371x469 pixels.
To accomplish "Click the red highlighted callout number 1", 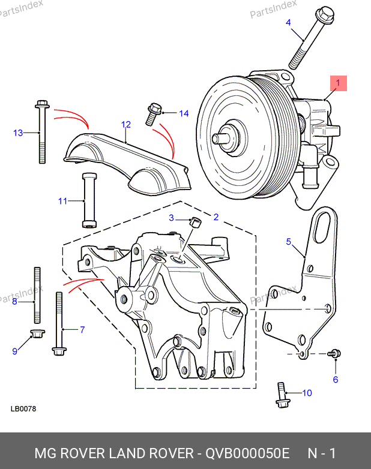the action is point(339,83).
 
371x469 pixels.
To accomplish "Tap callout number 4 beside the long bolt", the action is point(288,22).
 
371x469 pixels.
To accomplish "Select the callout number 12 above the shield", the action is point(126,124).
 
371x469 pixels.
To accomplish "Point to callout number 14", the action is point(184,113).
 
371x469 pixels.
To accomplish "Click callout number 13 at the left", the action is point(18,133).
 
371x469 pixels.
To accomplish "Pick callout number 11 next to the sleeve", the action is point(62,201).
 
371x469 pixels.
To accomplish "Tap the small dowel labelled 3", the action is point(196,223).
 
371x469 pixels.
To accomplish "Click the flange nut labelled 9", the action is point(38,333).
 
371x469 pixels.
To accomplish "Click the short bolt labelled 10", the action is point(282,395).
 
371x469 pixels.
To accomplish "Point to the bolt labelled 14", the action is point(154,114).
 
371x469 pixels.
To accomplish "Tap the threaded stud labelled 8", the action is point(37,295).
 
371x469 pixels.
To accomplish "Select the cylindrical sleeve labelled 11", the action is point(89,200).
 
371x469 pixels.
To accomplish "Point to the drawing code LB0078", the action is point(23,409).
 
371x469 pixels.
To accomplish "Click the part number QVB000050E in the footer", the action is point(247,453).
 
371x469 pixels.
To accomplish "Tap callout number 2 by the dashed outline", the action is point(216,217).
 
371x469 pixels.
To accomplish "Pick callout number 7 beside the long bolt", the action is point(82,330).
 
